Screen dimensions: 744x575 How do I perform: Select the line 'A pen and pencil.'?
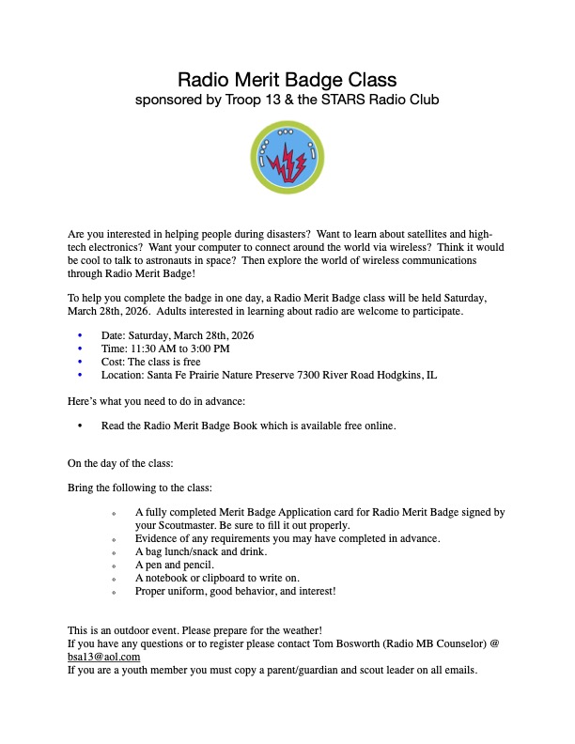(175, 566)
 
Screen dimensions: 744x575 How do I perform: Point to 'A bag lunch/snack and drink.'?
(201, 551)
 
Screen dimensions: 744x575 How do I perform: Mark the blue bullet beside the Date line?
(80, 334)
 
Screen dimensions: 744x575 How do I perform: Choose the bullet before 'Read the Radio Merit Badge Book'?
(80, 426)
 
